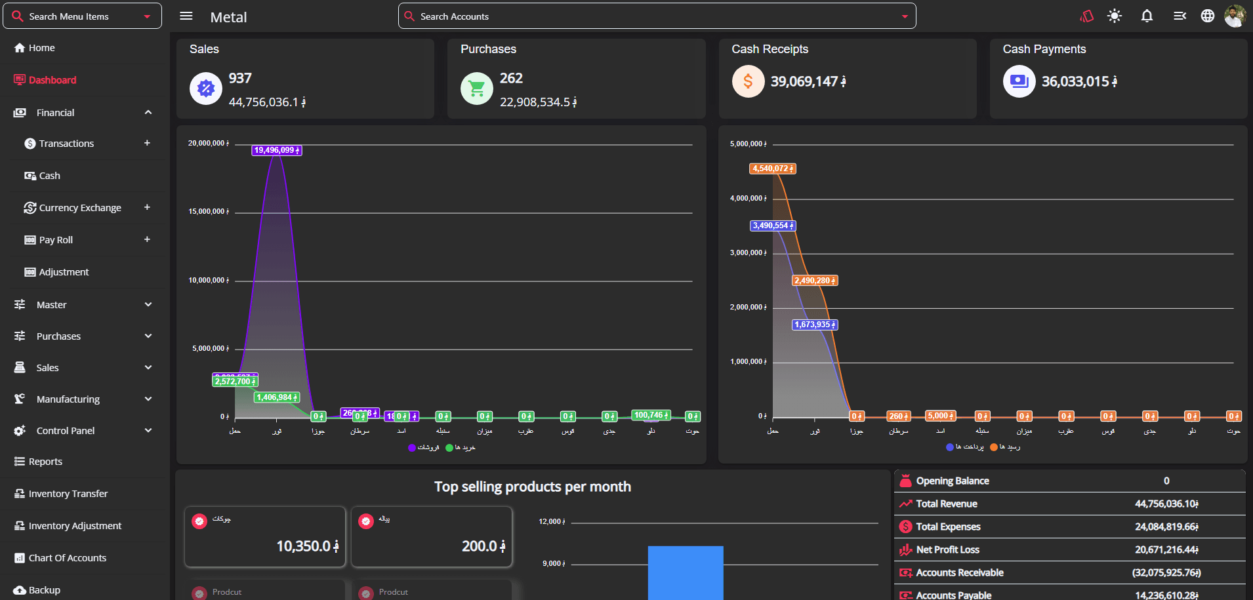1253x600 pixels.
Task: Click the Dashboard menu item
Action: pos(52,80)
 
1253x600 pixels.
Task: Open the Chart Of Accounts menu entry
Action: pos(67,558)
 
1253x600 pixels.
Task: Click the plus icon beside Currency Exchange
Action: pos(147,207)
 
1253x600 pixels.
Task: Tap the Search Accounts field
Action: pos(656,16)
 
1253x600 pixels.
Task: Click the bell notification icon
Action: pos(1147,16)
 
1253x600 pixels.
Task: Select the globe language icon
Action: pos(1207,16)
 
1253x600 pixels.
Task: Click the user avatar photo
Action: pos(1235,16)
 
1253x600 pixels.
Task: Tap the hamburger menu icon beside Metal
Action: pos(186,16)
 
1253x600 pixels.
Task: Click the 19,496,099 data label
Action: pos(277,150)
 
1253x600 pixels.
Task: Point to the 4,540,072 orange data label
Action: pos(773,169)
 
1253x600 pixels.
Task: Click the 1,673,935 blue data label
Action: pos(815,325)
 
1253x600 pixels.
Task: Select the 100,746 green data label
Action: pos(651,415)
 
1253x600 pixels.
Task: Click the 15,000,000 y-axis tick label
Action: pos(209,212)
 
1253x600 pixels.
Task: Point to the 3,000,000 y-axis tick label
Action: pos(748,253)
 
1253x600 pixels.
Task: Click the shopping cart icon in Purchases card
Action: pos(477,89)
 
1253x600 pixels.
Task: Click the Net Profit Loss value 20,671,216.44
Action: pos(1166,550)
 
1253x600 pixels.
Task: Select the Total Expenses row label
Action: pos(948,527)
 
